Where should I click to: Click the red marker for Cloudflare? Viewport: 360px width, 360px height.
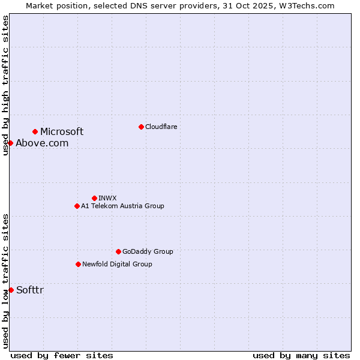tap(141, 127)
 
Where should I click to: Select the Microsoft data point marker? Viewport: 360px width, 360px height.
tap(35, 131)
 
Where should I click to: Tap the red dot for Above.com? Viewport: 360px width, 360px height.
tap(11, 143)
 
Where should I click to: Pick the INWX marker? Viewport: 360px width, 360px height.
tap(94, 198)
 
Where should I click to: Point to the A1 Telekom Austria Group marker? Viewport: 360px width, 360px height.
tap(77, 206)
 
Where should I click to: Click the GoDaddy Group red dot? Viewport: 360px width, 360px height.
tap(118, 251)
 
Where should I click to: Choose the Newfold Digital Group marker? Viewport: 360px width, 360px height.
tap(78, 264)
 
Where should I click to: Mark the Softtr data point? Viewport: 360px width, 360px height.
tap(11, 290)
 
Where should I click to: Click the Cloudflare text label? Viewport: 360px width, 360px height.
tap(161, 127)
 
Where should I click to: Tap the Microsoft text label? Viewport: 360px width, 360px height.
tap(62, 131)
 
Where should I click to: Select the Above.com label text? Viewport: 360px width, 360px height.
tap(42, 143)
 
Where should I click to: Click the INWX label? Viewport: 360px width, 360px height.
tap(107, 198)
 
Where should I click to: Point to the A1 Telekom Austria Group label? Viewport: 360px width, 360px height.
tap(122, 206)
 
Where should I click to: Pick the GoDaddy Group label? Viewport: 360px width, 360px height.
tap(148, 251)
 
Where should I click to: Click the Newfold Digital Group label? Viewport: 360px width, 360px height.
tap(117, 264)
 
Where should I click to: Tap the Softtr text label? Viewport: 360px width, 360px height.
tap(30, 290)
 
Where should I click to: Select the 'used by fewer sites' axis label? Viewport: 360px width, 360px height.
tap(62, 355)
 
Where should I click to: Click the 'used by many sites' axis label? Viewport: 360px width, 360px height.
tap(301, 355)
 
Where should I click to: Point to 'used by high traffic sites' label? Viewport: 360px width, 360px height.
tap(5, 85)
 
